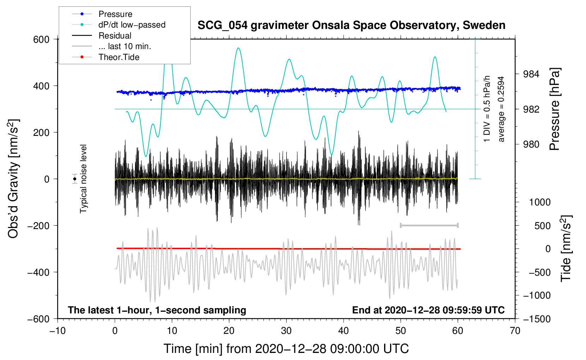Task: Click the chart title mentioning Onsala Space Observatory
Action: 351,25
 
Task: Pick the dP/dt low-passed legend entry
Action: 132,25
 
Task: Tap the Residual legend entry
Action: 115,36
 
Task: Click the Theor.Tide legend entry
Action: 119,57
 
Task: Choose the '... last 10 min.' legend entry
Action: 125,46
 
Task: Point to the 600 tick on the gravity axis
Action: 41,39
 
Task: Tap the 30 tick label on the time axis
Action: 286,331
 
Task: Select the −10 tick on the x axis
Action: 58,331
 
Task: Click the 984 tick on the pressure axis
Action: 531,74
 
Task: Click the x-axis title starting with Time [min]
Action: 286,349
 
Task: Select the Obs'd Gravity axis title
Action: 13,179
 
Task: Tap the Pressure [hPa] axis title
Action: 555,109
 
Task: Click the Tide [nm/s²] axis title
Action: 566,248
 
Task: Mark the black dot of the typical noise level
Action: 74,179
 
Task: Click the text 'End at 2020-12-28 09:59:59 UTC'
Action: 428,310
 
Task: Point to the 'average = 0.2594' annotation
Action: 501,109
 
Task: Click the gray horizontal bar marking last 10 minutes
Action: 429,225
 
